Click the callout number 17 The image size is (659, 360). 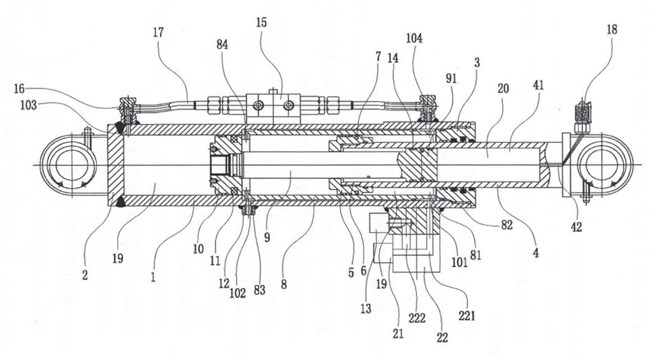pyautogui.click(x=159, y=32)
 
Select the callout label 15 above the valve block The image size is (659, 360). pyautogui.click(x=262, y=22)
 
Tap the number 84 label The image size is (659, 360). pyautogui.click(x=222, y=44)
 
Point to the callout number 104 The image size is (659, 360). pyautogui.click(x=414, y=39)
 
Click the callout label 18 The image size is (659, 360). pyautogui.click(x=612, y=30)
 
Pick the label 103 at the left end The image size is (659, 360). pyautogui.click(x=28, y=105)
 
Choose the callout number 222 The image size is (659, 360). pyautogui.click(x=417, y=318)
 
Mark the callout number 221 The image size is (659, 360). pyautogui.click(x=467, y=315)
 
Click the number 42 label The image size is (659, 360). pyautogui.click(x=576, y=227)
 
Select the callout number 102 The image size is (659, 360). pyautogui.click(x=237, y=293)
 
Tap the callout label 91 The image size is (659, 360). pyautogui.click(x=451, y=79)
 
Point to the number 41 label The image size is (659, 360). pyautogui.click(x=538, y=86)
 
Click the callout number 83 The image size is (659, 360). pyautogui.click(x=259, y=290)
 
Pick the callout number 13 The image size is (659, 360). pyautogui.click(x=366, y=309)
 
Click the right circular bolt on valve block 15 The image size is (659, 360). pyautogui.click(x=288, y=105)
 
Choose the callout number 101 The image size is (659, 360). pyautogui.click(x=460, y=262)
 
